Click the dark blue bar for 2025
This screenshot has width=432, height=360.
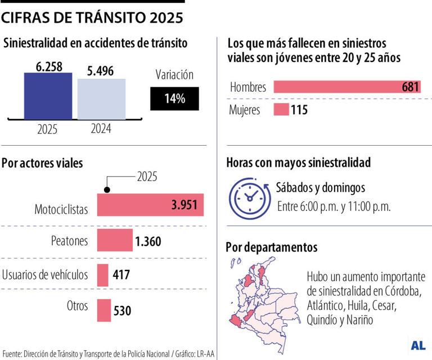pyautogui.click(x=48, y=96)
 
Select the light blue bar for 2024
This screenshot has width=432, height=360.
pyautogui.click(x=101, y=99)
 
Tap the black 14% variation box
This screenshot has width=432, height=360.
pyautogui.click(x=174, y=98)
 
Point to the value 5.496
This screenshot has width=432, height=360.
pyautogui.click(x=101, y=71)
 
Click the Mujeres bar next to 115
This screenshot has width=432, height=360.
pyautogui.click(x=281, y=110)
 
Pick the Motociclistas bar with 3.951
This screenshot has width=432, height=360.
pyautogui.click(x=150, y=205)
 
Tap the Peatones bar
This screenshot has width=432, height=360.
pyautogui.click(x=115, y=240)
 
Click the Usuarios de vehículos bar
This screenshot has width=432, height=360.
pyautogui.click(x=103, y=275)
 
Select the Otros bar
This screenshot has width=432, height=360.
pyautogui.click(x=103, y=310)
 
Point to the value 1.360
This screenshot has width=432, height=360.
pyautogui.click(x=148, y=242)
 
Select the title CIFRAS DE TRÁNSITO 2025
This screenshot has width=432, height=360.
pyautogui.click(x=92, y=19)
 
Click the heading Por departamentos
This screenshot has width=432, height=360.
pyautogui.click(x=271, y=247)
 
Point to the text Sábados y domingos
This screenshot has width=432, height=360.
pyautogui.click(x=321, y=187)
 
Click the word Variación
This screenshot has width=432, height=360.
pyautogui.click(x=174, y=75)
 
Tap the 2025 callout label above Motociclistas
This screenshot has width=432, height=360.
pyautogui.click(x=147, y=177)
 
